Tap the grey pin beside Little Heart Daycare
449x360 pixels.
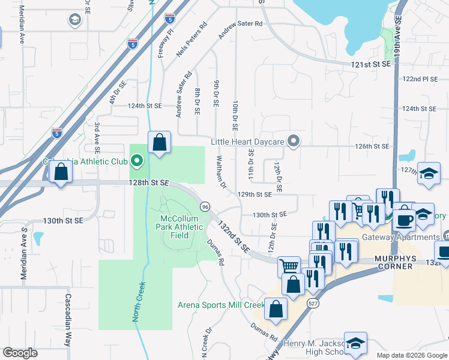293,142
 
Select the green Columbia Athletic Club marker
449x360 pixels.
137,161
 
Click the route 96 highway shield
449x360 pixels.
205,206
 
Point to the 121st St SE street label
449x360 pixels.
371,64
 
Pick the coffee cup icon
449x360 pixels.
405,217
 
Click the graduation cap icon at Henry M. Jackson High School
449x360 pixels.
355,344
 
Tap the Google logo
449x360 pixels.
20,353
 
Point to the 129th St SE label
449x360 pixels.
255,194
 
